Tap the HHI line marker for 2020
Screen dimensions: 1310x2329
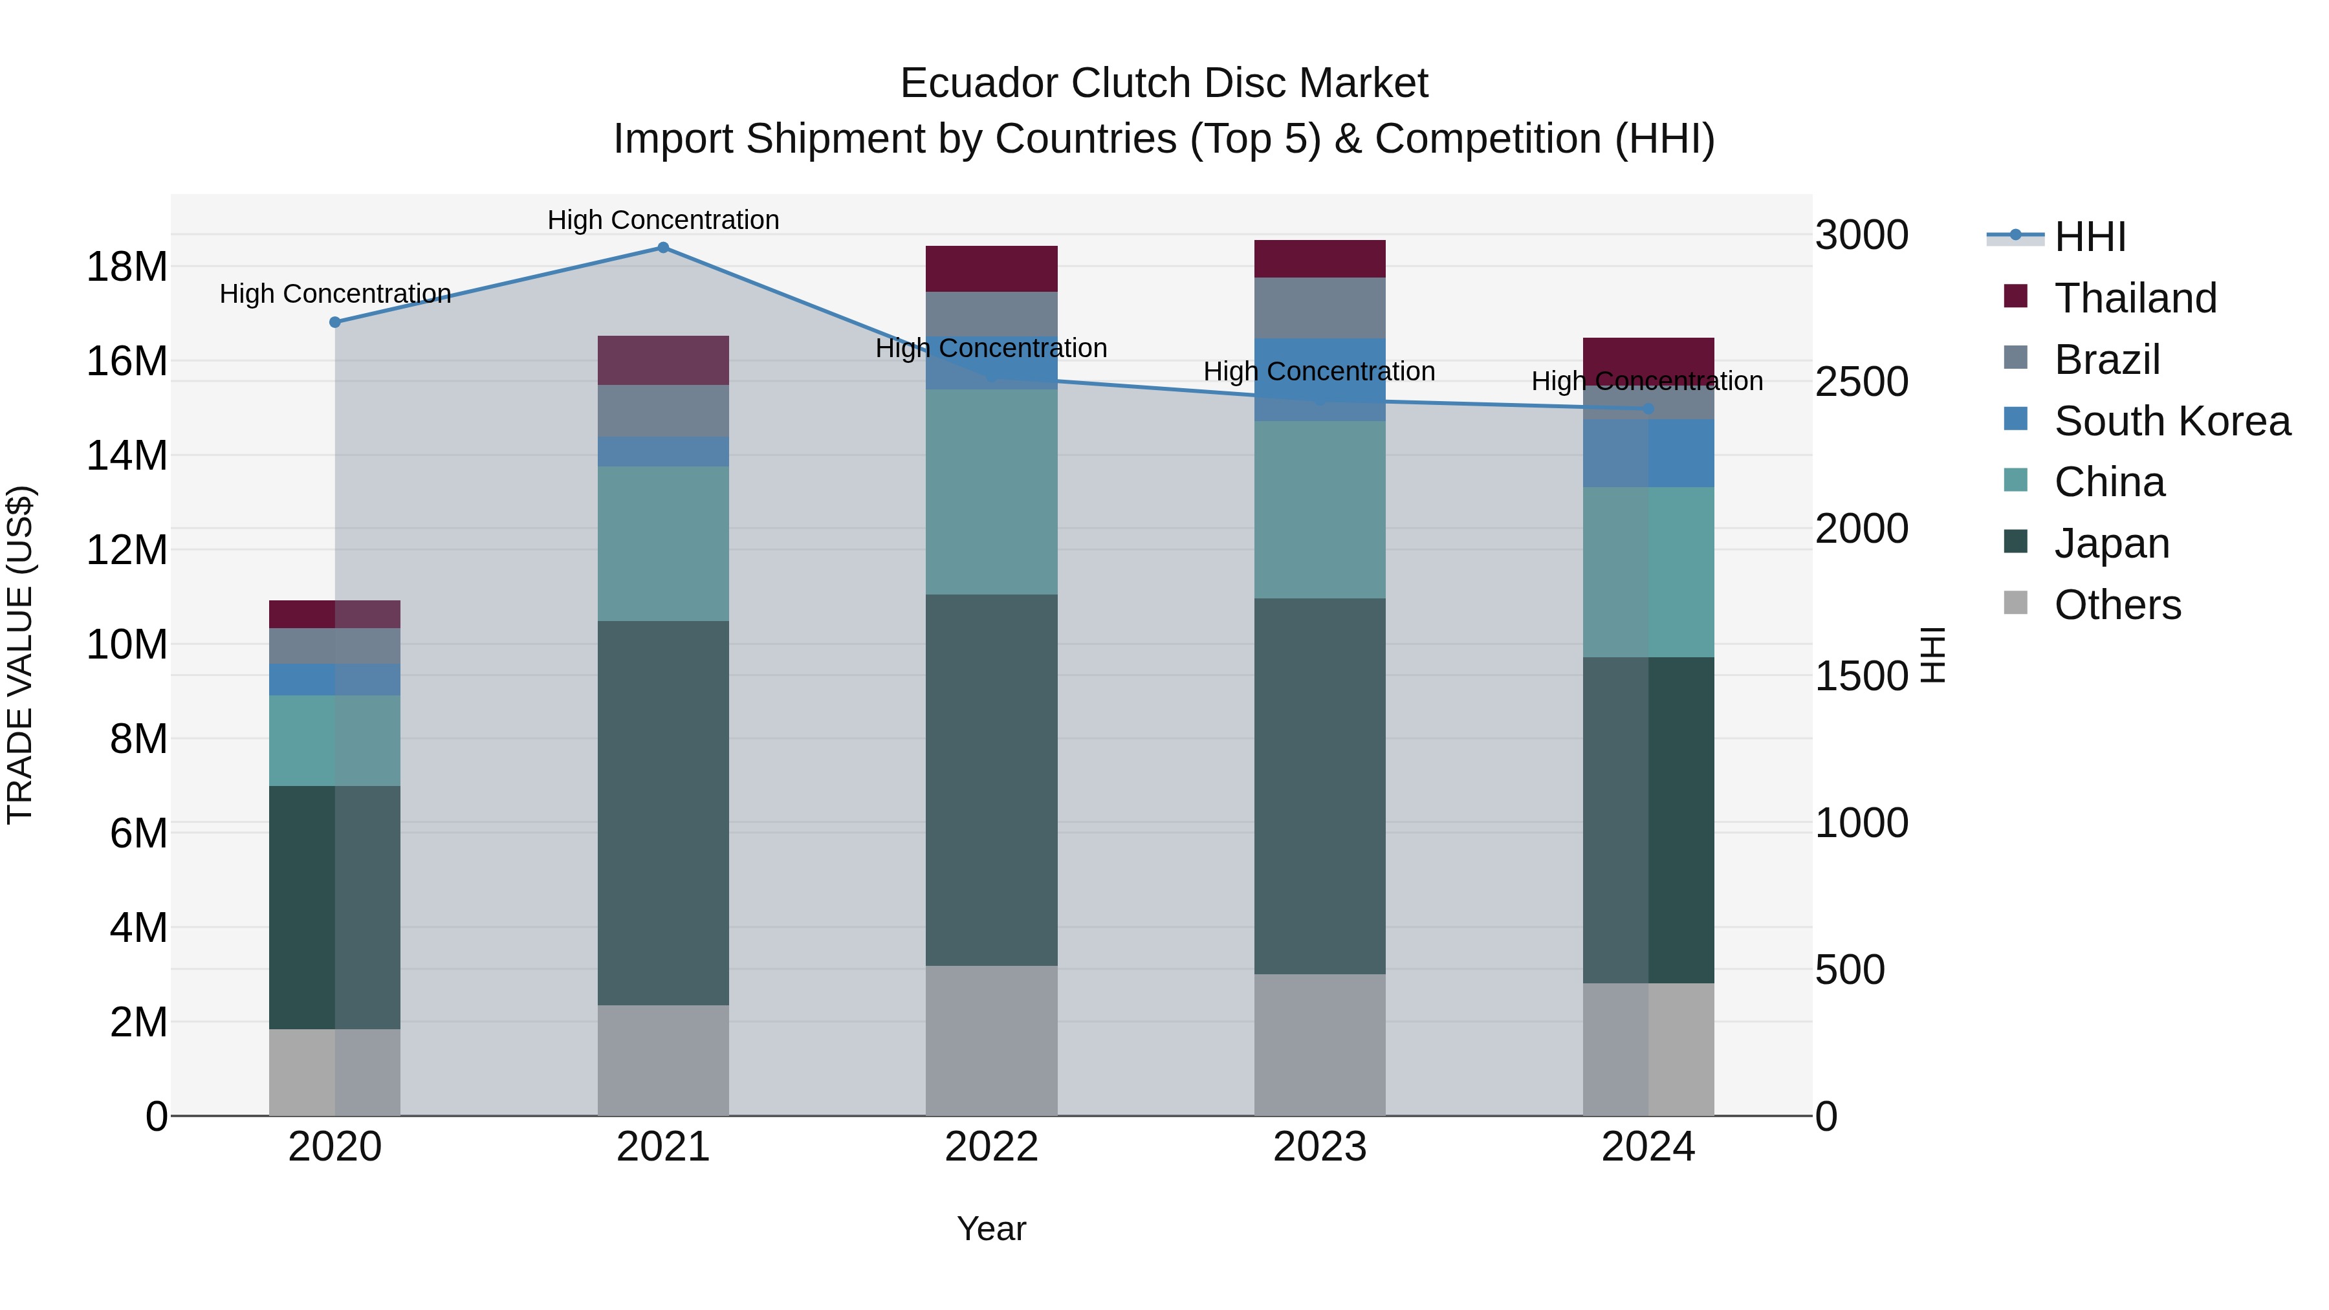tap(335, 322)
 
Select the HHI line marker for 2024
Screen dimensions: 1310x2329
tap(1648, 409)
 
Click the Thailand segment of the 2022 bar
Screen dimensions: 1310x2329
tap(991, 268)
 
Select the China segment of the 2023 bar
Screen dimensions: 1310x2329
tap(1319, 509)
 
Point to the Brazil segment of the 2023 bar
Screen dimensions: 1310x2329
tap(1319, 307)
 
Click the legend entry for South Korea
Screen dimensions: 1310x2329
tap(2172, 420)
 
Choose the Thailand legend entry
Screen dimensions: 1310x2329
tap(2135, 298)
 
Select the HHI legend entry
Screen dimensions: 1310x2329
tap(2090, 237)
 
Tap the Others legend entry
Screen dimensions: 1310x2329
tap(2117, 605)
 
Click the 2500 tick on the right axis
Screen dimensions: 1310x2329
tap(1861, 382)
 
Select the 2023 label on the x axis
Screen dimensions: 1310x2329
tap(1319, 1147)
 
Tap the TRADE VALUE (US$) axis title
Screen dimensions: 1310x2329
tap(20, 655)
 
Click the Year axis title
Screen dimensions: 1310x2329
tap(991, 1228)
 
